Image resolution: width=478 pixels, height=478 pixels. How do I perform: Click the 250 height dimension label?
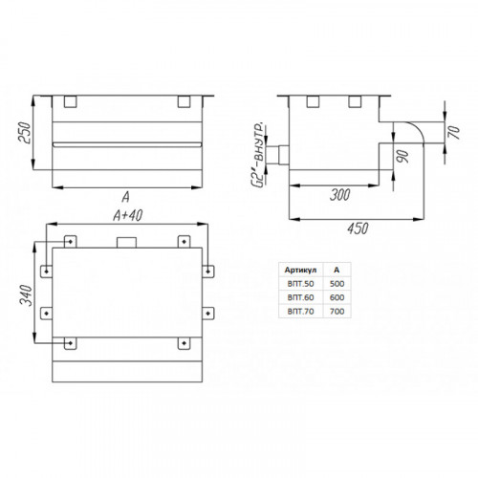tap(25, 133)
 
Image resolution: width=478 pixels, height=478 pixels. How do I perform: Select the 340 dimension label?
tap(27, 295)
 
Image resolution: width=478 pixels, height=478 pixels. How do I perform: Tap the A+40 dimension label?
tap(127, 215)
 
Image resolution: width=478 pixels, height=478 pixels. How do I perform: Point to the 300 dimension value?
tap(340, 194)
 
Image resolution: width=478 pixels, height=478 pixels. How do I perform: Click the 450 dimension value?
tap(358, 228)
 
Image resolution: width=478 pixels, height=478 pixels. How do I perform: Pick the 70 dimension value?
tap(454, 132)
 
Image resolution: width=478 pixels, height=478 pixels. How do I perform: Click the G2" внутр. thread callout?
tap(260, 154)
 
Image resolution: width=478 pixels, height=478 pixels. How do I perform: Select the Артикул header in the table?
tap(300, 270)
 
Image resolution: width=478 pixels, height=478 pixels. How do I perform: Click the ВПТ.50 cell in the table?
tap(300, 284)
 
